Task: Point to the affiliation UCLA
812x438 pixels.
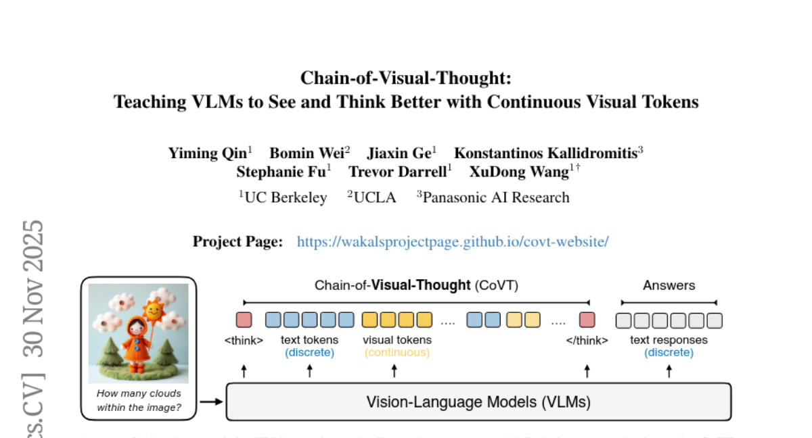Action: (x=374, y=197)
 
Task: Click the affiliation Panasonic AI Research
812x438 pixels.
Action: (x=495, y=197)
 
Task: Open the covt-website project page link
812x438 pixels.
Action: (x=453, y=241)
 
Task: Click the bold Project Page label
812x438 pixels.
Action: (x=238, y=241)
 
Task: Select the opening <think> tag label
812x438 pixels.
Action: (x=244, y=341)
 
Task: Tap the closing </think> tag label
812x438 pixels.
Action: (x=587, y=341)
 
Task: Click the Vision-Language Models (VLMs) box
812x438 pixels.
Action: (x=478, y=402)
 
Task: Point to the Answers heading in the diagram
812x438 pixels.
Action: (x=669, y=285)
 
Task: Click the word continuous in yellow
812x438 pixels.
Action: (x=397, y=352)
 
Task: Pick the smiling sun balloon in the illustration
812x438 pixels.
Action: (x=154, y=310)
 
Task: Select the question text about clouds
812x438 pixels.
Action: (x=139, y=400)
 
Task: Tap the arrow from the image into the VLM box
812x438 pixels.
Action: (x=212, y=402)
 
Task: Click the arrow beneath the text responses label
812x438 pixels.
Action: (x=669, y=370)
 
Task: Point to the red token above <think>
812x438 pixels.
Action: (x=244, y=320)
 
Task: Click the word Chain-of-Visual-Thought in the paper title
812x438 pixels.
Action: (x=406, y=78)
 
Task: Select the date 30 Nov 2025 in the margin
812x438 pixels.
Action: (x=33, y=288)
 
